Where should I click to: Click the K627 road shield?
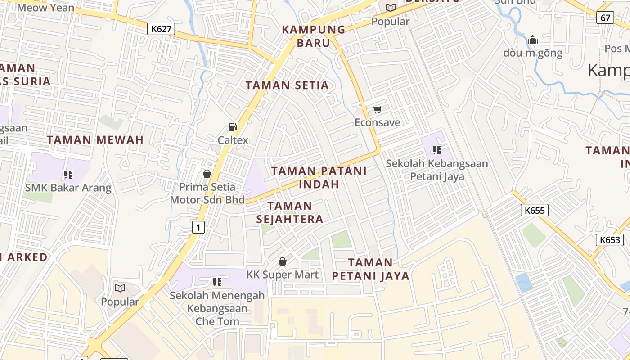point(161,29)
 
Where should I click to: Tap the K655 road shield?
point(534,210)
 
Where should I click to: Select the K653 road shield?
point(610,240)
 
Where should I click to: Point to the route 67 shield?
point(605,18)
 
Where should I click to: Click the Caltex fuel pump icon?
point(233,127)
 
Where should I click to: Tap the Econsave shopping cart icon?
point(377,109)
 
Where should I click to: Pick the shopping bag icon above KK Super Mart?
point(283,261)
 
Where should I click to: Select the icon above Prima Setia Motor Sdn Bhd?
point(207,174)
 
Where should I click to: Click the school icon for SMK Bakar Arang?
point(68,174)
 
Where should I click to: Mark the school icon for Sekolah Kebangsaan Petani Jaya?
point(436,150)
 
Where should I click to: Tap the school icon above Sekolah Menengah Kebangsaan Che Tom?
point(217,282)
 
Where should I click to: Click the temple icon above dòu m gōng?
point(533,40)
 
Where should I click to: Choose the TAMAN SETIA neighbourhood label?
point(287,85)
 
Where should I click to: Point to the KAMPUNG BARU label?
point(313,36)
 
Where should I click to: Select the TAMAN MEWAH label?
point(95,139)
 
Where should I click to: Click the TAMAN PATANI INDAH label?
point(319,177)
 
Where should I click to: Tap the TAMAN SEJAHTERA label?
point(290,212)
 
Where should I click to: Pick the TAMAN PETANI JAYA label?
point(370,269)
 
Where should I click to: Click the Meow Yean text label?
point(45,7)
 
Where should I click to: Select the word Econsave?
point(377,122)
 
